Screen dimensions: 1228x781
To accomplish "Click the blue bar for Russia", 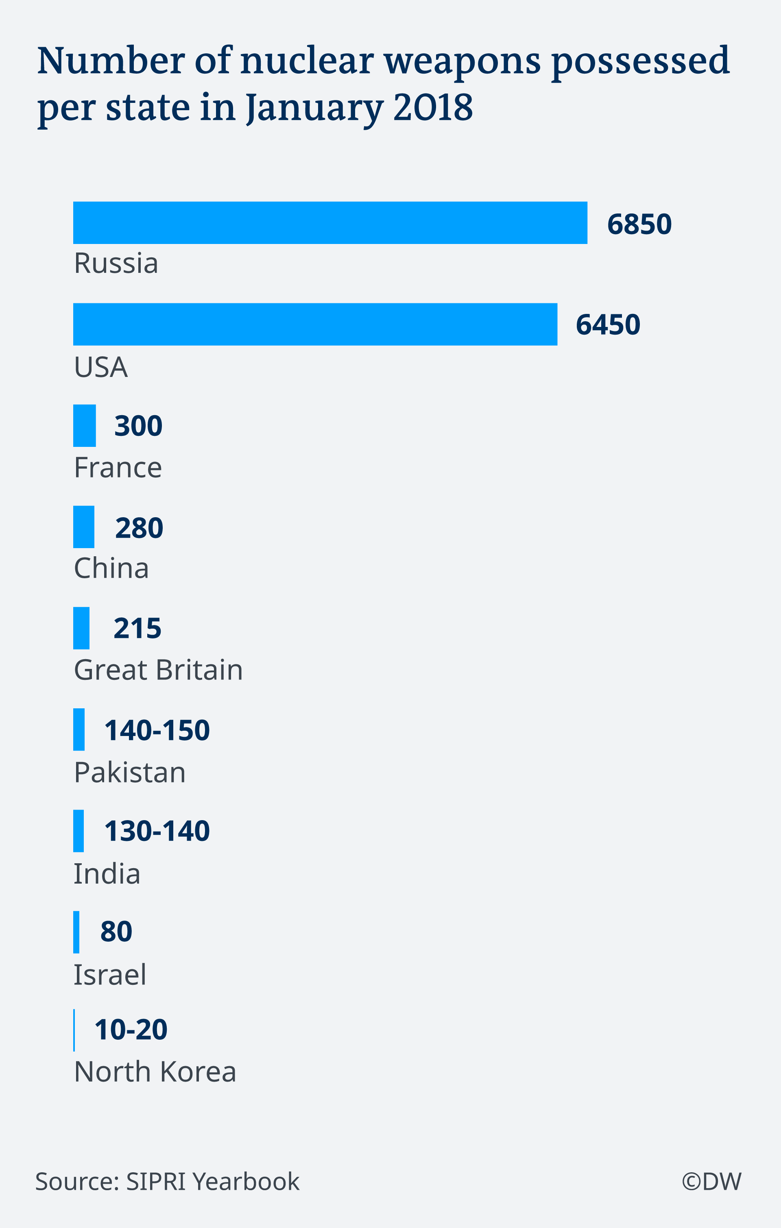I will [x=330, y=223].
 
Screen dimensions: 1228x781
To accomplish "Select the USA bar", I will [x=315, y=324].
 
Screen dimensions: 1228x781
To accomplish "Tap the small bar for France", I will [x=84, y=425].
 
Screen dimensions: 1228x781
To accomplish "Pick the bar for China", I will [x=84, y=527].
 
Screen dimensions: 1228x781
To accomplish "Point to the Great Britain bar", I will [x=81, y=628].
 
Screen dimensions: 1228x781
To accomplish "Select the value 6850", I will [x=639, y=224].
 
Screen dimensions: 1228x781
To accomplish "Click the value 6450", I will [x=608, y=325].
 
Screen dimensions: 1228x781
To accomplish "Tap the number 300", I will [x=138, y=426].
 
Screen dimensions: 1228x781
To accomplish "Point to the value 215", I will [x=137, y=628].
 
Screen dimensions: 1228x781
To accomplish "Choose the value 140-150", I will [x=157, y=730].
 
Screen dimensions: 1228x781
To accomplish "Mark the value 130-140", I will [x=157, y=831].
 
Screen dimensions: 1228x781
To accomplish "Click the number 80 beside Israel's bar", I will [x=116, y=931].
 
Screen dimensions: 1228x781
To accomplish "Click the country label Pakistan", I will [x=130, y=772].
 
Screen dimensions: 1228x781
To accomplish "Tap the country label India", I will [x=107, y=873].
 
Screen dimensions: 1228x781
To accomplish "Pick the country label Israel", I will [x=110, y=975].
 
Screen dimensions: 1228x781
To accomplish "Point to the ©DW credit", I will [x=711, y=1181].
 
